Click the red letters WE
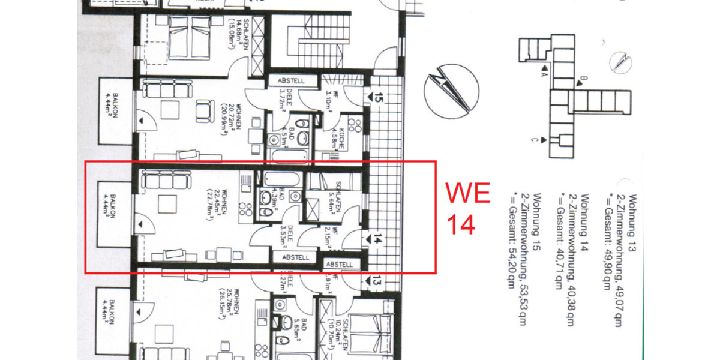tap(467, 194)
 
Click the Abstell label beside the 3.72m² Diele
tap(292, 80)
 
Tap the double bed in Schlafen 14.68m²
tap(188, 36)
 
